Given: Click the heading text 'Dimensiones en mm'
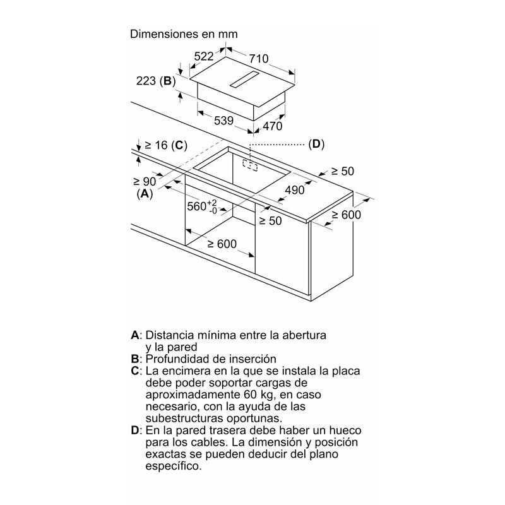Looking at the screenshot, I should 184,34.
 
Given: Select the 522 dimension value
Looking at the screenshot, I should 204,57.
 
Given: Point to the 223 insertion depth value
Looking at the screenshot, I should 146,81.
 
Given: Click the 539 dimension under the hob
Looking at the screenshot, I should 223,121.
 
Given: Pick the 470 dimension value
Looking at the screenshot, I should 273,126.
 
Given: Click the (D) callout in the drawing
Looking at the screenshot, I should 316,145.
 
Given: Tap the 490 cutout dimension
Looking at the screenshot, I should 294,190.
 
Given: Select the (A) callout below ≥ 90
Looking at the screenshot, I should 145,194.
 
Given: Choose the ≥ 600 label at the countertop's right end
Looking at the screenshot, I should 345,215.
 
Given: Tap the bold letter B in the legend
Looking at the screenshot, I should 134,358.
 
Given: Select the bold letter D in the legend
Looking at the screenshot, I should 134,430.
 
